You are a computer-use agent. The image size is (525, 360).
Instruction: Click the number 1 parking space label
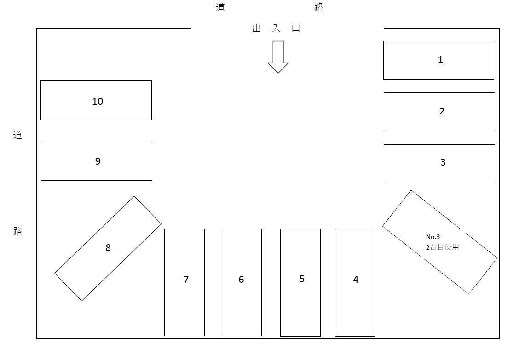point(440,60)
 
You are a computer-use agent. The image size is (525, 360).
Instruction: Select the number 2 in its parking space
point(442,111)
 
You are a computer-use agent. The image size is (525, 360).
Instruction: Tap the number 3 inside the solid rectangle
point(443,162)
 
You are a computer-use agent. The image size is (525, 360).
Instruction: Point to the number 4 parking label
point(356,280)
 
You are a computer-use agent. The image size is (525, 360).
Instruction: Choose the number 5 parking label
point(302,279)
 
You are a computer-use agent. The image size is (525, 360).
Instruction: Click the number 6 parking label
point(241,280)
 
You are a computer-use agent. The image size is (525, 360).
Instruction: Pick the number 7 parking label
point(186,280)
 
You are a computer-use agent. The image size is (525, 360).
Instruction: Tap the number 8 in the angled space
point(108,248)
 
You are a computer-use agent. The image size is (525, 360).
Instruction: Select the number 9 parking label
point(98,161)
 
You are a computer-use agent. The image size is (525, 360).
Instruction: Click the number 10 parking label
point(98,102)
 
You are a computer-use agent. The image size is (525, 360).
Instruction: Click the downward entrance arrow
point(278,57)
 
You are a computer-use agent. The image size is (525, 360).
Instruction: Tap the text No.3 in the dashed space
point(433,237)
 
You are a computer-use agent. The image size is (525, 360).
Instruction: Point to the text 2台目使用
point(442,247)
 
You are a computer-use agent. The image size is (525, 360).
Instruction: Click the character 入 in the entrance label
point(276,29)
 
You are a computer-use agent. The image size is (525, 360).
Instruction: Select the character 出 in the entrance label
point(257,29)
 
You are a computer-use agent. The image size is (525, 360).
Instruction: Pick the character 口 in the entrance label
point(296,29)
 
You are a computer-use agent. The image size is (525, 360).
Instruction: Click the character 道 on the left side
point(17,135)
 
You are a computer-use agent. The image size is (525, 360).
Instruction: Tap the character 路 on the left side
point(17,231)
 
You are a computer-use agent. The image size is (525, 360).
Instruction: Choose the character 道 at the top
point(220,7)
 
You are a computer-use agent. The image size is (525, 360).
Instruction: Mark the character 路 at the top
point(319,7)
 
